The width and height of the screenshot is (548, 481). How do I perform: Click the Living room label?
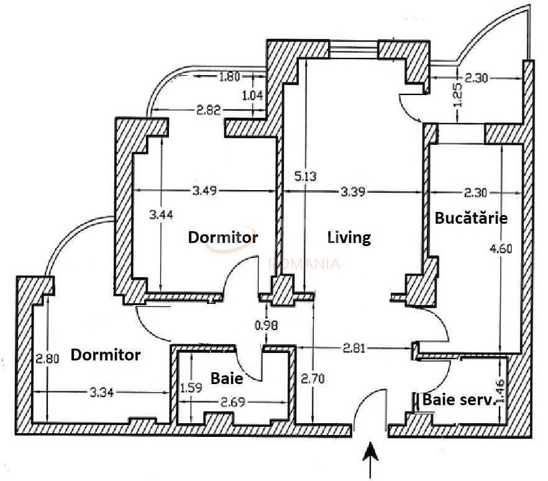tap(349, 237)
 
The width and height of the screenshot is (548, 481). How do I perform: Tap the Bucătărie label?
tap(471, 218)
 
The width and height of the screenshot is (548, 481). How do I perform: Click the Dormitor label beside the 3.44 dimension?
tap(222, 237)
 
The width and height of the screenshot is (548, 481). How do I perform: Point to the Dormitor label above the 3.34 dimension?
tap(105, 355)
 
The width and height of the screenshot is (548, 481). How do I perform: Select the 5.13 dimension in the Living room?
tap(305, 176)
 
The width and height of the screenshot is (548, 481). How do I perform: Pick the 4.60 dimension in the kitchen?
tap(501, 249)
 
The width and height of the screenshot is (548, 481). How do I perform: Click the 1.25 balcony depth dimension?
tap(459, 94)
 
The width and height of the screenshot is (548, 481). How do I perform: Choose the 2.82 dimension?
tap(209, 111)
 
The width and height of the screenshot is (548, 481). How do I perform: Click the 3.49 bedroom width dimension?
tap(204, 191)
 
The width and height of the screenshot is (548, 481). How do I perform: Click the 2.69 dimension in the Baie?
tap(233, 402)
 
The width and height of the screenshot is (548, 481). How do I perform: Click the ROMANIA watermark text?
tap(304, 263)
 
